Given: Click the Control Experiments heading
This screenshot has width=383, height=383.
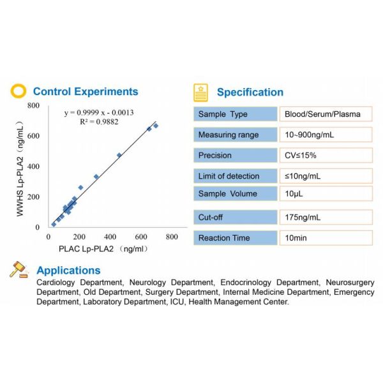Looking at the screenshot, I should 86,92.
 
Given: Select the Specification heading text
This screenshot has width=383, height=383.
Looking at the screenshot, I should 250,92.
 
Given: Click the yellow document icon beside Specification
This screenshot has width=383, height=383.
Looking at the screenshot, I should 200,92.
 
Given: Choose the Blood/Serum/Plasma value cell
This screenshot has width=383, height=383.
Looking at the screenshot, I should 325,114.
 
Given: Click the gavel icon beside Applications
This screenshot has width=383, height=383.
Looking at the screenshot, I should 19,270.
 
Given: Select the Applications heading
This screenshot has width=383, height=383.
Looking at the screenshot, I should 70,271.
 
